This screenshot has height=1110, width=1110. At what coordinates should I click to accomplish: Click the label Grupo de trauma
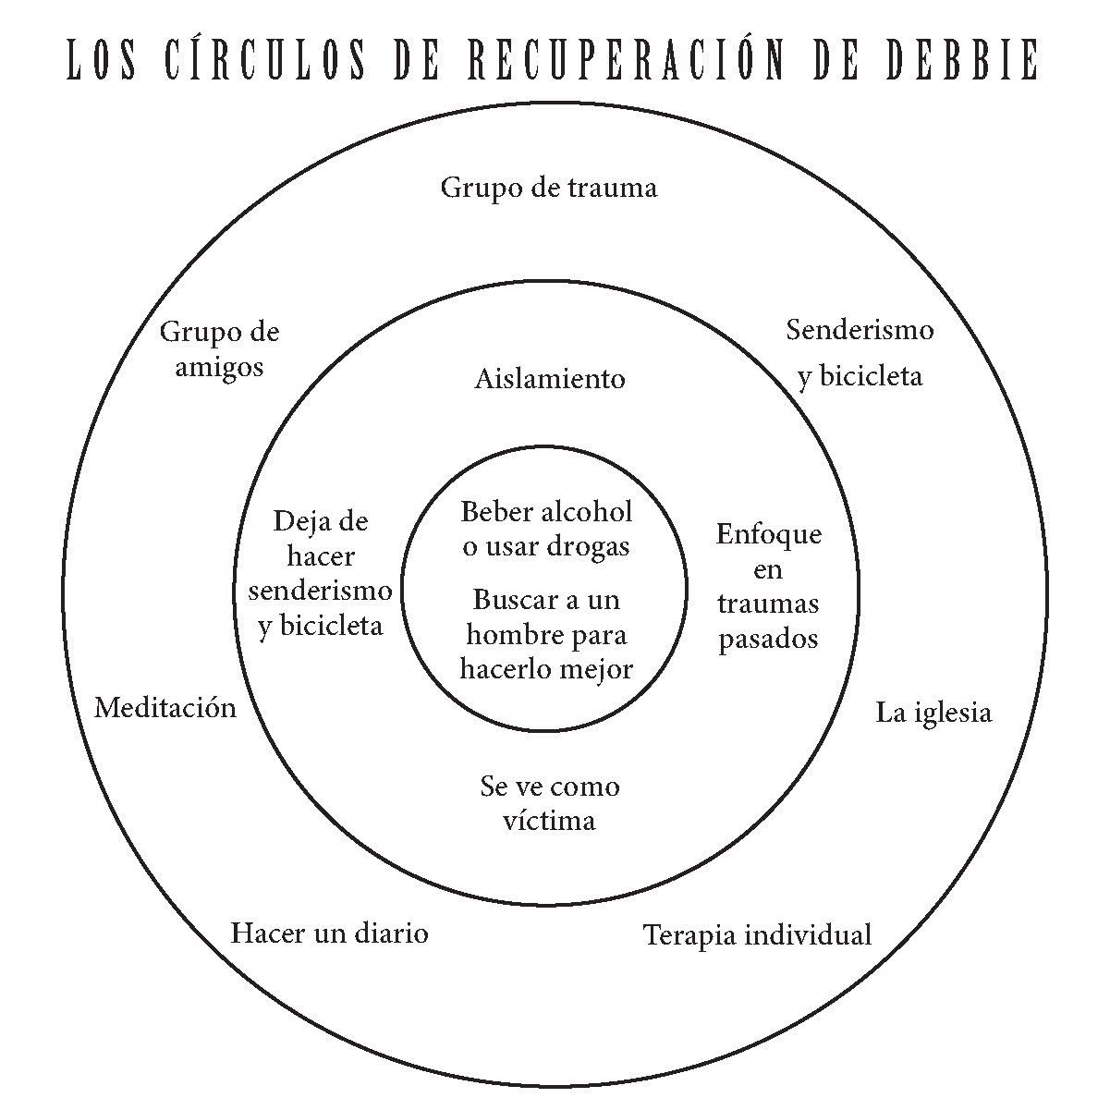pos(548,188)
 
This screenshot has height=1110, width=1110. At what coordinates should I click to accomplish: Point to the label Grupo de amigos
pos(219,349)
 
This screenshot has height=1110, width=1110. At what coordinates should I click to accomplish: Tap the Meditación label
pos(165,708)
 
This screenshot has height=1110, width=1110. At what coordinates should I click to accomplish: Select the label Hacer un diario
pos(329,933)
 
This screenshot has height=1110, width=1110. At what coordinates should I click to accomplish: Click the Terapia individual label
pos(757,934)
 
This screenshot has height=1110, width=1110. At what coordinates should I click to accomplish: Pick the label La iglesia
pos(933,713)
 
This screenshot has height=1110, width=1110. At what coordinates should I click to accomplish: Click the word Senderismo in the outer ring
pos(860,330)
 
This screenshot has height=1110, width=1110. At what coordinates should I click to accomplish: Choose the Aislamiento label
pos(549,378)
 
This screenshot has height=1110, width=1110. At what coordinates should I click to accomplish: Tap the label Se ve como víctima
pos(550,803)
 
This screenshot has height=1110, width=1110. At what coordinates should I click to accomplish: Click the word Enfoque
pos(769,534)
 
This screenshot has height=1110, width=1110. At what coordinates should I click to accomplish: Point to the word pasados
pos(769,639)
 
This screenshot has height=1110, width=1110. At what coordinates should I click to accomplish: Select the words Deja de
pos(321,521)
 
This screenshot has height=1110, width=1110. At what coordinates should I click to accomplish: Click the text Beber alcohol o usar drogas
pos(546,528)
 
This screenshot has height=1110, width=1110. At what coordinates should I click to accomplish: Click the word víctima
pos(549,820)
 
